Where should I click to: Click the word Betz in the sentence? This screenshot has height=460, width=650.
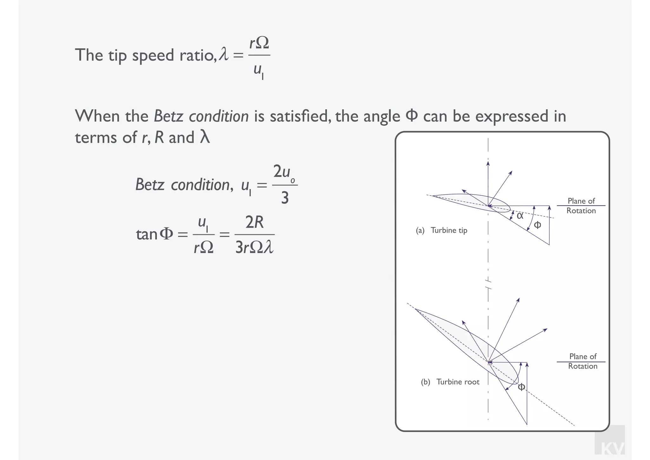168,116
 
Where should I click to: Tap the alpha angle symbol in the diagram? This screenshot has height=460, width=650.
520,216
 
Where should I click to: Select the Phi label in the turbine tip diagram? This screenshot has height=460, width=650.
537,225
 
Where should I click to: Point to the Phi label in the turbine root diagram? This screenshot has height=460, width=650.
521,387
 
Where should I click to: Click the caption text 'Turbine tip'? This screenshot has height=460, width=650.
449,230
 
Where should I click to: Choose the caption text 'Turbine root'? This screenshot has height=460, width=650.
458,382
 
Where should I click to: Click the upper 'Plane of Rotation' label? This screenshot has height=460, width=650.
581,206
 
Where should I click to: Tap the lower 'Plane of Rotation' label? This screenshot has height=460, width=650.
583,361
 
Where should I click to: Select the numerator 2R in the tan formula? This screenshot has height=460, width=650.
255,222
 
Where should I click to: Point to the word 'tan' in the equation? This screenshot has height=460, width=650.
147,235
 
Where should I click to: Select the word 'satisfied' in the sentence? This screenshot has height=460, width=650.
299,116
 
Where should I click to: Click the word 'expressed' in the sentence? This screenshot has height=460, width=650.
512,116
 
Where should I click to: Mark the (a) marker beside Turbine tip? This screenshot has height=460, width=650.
420,230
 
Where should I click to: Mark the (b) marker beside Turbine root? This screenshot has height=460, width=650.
425,382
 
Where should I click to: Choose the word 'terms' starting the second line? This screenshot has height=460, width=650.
94,138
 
